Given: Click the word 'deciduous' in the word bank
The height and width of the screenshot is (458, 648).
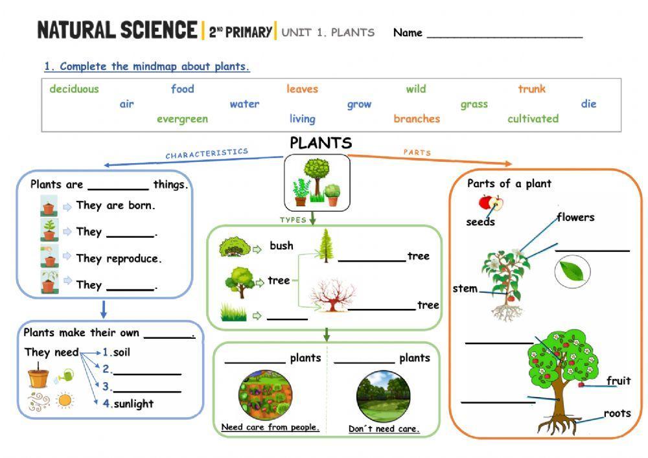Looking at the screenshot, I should click(74, 89).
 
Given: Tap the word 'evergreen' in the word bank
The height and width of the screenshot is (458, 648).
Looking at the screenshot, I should click(182, 119).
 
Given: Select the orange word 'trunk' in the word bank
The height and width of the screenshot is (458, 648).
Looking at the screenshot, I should click(531, 89).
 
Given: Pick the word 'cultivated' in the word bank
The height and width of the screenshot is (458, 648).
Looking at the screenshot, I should click(533, 119).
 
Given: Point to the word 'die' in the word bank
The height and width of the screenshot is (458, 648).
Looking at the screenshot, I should click(588, 104).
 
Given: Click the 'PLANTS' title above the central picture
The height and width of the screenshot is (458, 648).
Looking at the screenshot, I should click(321, 143).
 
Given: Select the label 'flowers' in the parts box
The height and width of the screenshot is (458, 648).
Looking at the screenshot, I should click(575, 218).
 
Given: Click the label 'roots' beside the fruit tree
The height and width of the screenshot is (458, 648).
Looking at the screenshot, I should click(617, 413).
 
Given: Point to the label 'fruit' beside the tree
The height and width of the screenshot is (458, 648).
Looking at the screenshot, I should click(618, 381).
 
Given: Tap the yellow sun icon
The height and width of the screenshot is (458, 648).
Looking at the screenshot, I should click(64, 400).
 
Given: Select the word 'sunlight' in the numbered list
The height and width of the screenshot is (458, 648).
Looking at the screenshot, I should click(133, 404).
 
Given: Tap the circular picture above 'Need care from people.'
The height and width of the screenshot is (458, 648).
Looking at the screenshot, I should click(265, 395).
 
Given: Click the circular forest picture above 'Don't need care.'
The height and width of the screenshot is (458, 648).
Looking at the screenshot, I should click(383, 395).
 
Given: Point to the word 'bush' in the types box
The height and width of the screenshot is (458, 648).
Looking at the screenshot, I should click(281, 246).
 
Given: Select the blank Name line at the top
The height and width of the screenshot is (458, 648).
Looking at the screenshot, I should click(504, 34).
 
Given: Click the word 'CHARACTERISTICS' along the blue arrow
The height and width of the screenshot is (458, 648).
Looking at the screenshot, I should click(206, 154).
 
